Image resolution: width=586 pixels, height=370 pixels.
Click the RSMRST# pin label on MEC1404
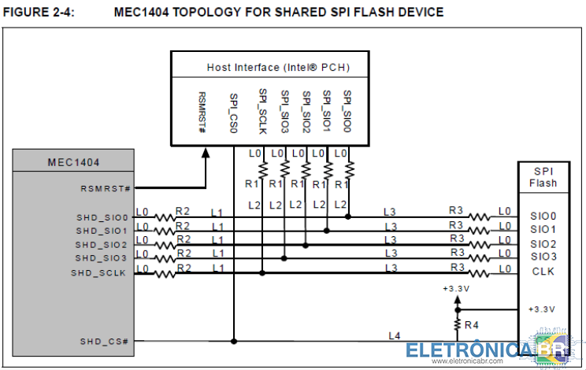[105, 189]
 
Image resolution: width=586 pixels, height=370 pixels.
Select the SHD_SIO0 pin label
[102, 218]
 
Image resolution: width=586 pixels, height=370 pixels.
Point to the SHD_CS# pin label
[104, 342]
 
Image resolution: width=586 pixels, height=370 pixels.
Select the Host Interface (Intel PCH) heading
[278, 68]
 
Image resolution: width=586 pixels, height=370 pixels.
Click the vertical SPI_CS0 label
[234, 113]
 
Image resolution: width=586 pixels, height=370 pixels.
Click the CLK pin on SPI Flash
[540, 272]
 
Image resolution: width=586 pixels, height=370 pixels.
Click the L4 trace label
[394, 335]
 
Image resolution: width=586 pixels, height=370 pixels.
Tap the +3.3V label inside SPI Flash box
[542, 309]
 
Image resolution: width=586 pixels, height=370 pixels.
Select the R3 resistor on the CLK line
[479, 272]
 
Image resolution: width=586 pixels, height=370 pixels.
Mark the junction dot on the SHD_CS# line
[234, 342]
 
